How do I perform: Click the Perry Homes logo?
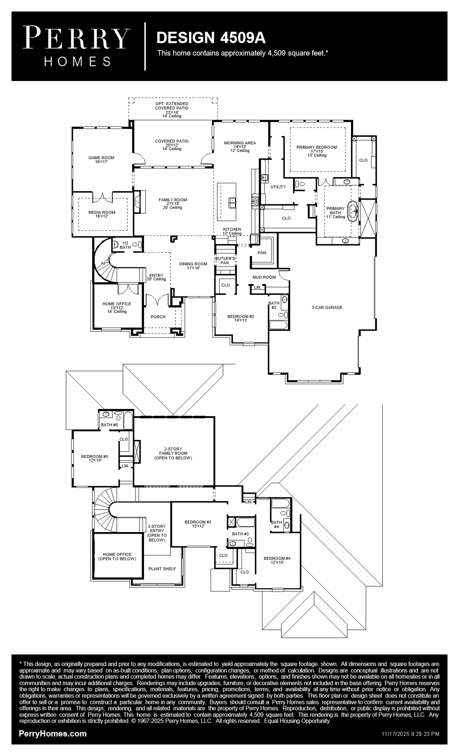point(76,46)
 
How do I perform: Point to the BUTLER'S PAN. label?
point(225,260)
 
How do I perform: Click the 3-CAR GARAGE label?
point(327,307)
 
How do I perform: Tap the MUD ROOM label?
point(264,277)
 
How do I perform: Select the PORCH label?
point(158,317)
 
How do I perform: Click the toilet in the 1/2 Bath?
point(116,245)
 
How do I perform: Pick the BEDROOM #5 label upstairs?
point(94,458)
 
